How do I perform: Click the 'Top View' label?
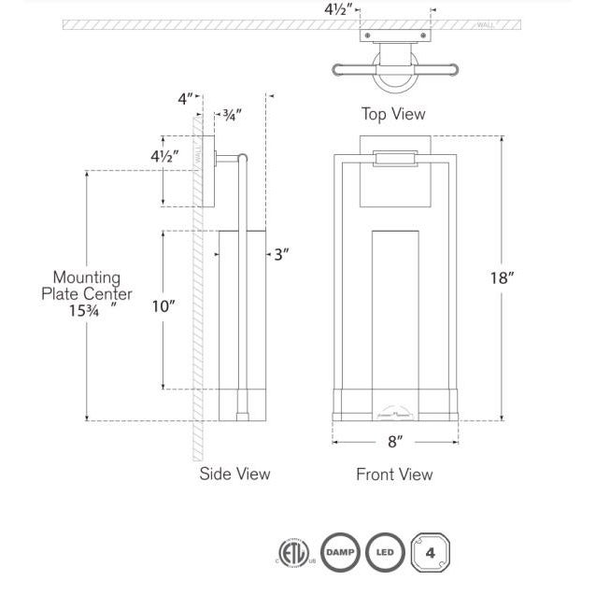[x=393, y=114]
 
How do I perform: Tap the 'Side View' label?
[x=234, y=474]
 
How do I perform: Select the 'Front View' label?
[x=394, y=475]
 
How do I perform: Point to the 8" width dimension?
[x=394, y=440]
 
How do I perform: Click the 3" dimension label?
[x=282, y=254]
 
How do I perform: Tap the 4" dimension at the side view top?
[x=186, y=97]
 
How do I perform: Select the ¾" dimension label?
[x=230, y=116]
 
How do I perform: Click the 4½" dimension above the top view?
[x=338, y=11]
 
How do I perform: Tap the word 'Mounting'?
[x=86, y=277]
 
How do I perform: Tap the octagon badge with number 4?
[x=430, y=552]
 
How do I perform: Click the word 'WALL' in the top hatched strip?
[x=486, y=25]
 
